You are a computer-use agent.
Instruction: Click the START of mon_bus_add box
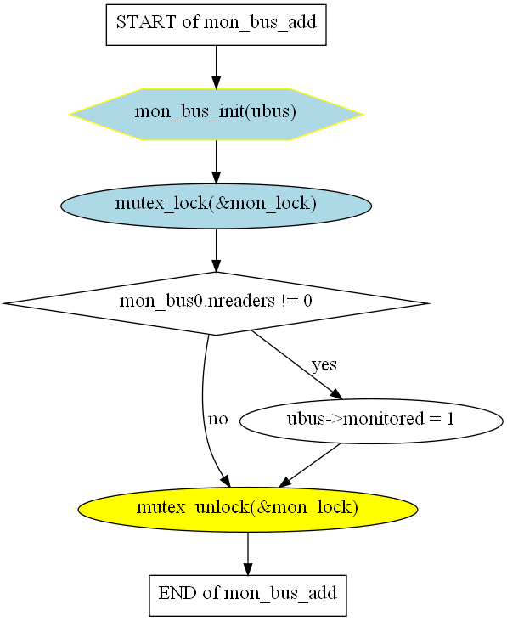[x=216, y=25]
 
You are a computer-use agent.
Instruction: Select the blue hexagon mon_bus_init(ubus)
[x=216, y=114]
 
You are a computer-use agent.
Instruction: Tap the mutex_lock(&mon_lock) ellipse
[x=216, y=206]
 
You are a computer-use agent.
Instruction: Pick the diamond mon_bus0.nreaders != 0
[x=216, y=303]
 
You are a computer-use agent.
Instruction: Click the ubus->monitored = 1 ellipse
[x=371, y=421]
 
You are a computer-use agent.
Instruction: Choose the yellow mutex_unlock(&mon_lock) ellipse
[x=248, y=510]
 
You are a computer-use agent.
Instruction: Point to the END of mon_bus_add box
[x=248, y=596]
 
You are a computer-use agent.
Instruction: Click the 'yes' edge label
[x=324, y=364]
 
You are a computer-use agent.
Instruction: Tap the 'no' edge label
[x=218, y=419]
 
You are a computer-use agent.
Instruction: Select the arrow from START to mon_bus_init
[x=216, y=67]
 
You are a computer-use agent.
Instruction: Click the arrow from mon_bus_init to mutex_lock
[x=216, y=162]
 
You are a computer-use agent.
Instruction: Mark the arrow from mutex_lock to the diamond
[x=216, y=251]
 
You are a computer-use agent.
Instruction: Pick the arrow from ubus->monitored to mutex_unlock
[x=309, y=466]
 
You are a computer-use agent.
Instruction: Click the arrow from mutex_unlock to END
[x=248, y=554]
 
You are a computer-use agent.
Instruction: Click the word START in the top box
[x=146, y=22]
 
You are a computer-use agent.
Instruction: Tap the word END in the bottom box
[x=177, y=593]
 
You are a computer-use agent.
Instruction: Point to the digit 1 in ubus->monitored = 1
[x=450, y=419]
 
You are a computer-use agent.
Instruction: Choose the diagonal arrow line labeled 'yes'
[x=296, y=364]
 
